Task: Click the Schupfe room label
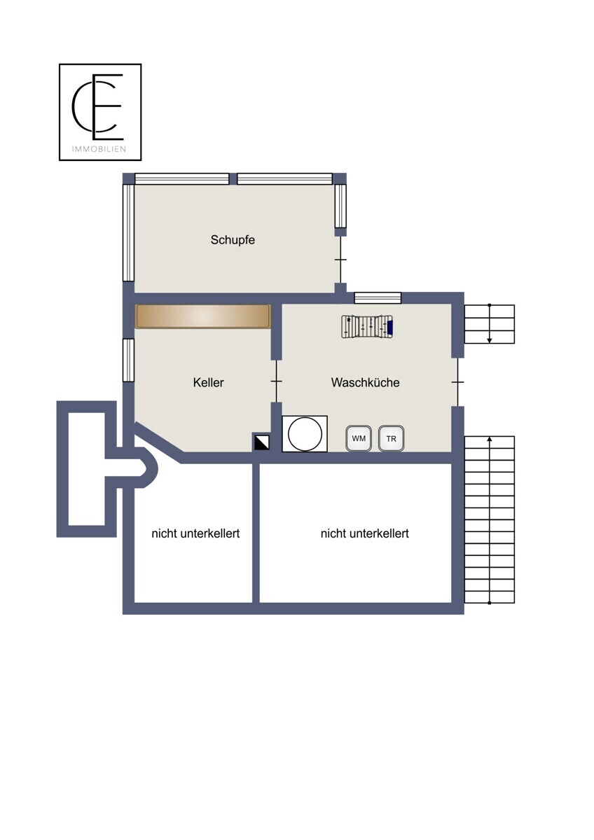tap(233, 240)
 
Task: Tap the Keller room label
tap(208, 382)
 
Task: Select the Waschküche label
tap(365, 382)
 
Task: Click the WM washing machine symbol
tap(359, 438)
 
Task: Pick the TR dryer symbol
tap(391, 438)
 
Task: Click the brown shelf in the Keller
tap(203, 316)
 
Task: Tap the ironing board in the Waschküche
tap(367, 327)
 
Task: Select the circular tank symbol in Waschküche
tap(305, 434)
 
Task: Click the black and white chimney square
tap(261, 442)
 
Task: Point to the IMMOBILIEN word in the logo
tap(99, 149)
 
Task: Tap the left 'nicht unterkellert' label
tap(195, 533)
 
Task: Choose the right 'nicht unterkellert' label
tap(365, 533)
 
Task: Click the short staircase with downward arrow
tap(490, 324)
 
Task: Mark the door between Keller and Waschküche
tap(277, 381)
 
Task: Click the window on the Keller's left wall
tap(128, 360)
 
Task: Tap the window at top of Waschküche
tap(378, 298)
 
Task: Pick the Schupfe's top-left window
tap(182, 179)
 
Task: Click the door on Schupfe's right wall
tap(340, 260)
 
